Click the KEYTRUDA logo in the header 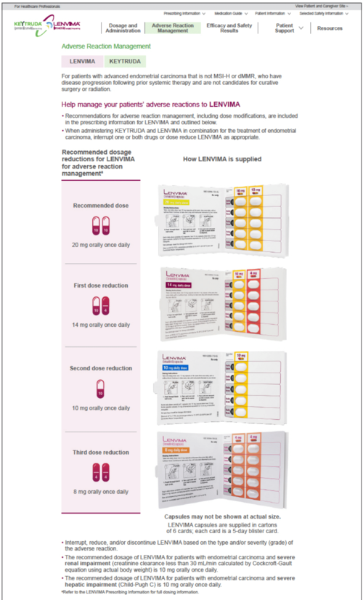tap(28, 27)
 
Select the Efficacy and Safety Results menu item tap(231, 28)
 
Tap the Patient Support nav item tap(285, 28)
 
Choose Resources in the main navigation tap(330, 28)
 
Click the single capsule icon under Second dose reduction tap(100, 393)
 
